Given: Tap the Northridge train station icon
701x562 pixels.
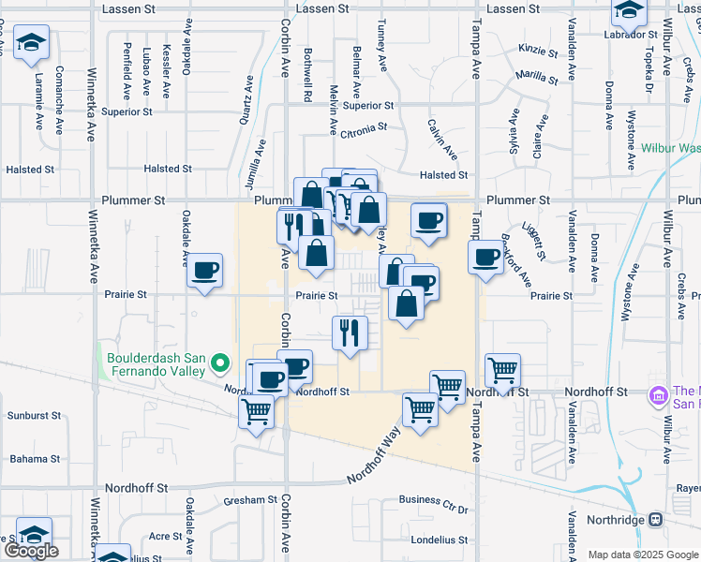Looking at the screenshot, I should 655,519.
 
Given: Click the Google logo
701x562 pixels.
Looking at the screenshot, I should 31,551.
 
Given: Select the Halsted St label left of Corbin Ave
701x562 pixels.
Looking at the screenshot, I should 168,170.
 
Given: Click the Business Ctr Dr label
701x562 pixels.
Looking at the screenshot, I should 433,507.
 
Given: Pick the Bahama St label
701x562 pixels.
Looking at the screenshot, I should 35,459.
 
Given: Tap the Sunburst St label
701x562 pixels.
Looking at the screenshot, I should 35,415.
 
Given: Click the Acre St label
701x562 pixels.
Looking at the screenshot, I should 165,536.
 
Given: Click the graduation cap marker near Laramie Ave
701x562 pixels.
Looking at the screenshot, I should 32,42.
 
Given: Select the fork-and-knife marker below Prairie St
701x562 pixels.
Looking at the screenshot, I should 350,333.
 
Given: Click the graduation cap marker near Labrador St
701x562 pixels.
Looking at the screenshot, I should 630,12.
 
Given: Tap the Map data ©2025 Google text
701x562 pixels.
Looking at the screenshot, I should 642,555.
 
